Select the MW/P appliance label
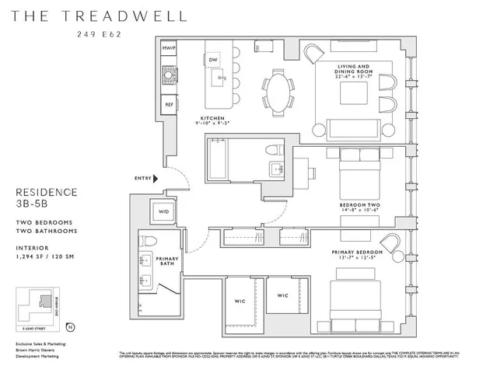(x=168, y=48)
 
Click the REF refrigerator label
(x=168, y=104)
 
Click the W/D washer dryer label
(x=164, y=211)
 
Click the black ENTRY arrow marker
(x=156, y=178)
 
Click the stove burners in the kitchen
(x=168, y=75)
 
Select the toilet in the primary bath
(x=152, y=241)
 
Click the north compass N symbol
(x=72, y=326)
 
